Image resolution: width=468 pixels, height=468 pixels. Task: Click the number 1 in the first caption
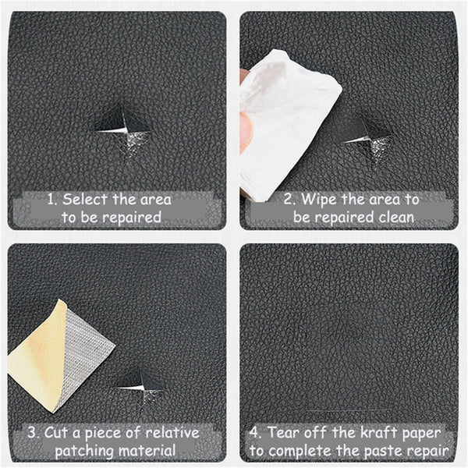[x=50, y=199]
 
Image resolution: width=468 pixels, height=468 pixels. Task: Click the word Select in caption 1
[x=85, y=199]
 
